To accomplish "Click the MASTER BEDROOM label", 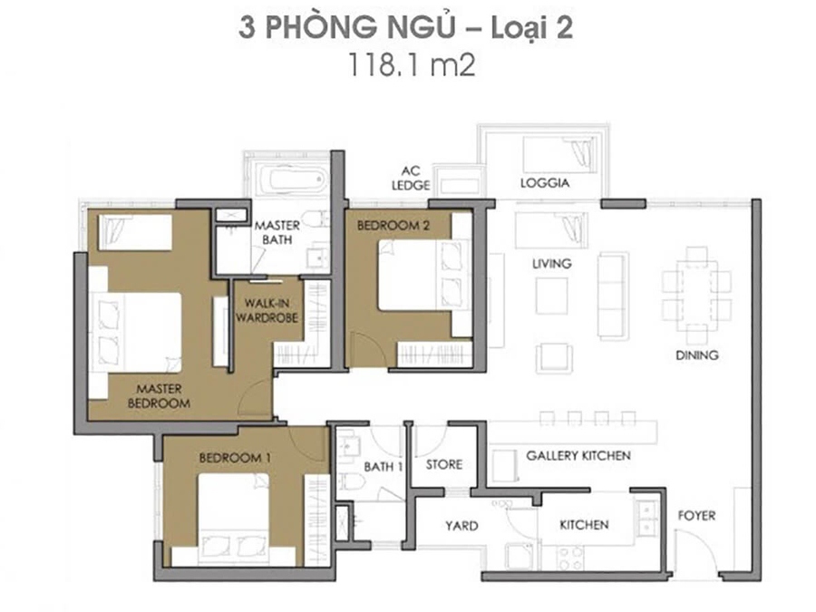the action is (159, 396).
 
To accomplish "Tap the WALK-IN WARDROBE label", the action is (267, 310).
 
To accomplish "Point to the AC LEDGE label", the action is (411, 178).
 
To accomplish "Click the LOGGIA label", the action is (544, 182).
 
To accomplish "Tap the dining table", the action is (696, 296).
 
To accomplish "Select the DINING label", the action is (697, 355).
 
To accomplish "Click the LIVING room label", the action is (551, 263).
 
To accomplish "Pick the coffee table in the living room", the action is (551, 296).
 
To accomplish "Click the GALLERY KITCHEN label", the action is (578, 455).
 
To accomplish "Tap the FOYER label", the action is (696, 516).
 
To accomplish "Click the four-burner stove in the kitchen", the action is (570, 558).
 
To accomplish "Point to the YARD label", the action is (461, 526).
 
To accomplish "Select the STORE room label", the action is (444, 464).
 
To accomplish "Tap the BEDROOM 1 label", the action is (235, 458).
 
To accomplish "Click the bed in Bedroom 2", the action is (424, 275).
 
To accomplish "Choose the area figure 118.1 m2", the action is (411, 65).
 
